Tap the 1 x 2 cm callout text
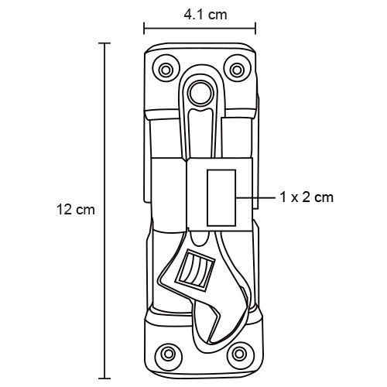(307, 197)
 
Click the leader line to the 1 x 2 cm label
(255, 197)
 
